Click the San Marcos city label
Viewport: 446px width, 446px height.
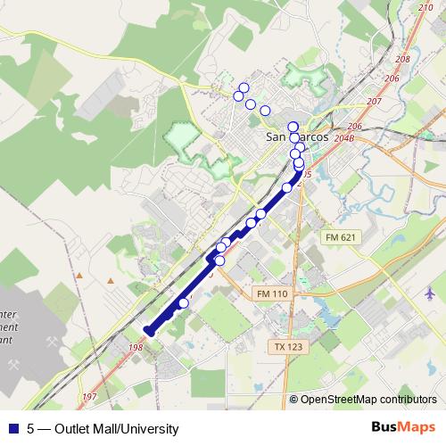coord(298,139)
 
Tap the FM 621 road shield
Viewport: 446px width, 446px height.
coord(338,236)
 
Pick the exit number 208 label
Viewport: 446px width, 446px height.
coord(401,58)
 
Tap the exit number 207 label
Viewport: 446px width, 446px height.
coord(374,102)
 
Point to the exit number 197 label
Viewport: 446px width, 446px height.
coord(87,397)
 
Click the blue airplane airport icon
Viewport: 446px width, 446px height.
coord(431,293)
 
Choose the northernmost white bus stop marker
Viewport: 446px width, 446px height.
coord(244,87)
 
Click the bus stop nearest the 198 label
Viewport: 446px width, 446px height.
coord(184,303)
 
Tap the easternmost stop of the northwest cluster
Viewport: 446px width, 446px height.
coord(265,110)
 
